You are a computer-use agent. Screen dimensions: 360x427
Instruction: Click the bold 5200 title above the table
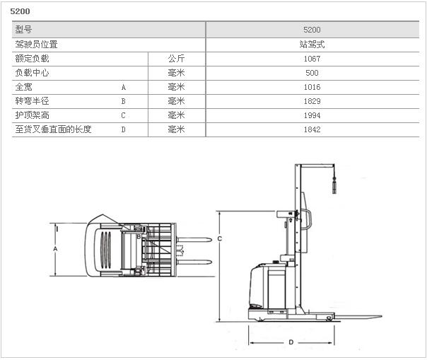coord(20,11)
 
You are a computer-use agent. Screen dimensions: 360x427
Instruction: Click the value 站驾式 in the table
coord(312,45)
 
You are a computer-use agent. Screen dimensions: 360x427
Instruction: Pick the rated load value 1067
coord(312,59)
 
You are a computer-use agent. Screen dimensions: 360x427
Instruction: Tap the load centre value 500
coord(312,73)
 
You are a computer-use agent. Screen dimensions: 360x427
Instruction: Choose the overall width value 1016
coord(312,87)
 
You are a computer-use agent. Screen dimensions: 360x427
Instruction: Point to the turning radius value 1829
coord(312,101)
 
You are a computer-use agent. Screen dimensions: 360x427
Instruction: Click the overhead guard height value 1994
coord(312,115)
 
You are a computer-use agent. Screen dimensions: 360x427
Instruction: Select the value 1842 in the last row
coord(312,129)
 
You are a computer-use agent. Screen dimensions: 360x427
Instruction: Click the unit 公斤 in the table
coord(176,59)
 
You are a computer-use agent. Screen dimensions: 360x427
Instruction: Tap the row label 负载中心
coord(32,73)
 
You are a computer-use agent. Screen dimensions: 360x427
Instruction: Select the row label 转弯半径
coord(32,101)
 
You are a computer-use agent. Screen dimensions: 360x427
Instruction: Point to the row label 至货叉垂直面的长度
coord(53,129)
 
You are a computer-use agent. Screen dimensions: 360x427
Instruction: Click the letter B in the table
coord(123,101)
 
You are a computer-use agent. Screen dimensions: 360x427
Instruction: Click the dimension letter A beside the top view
coord(55,250)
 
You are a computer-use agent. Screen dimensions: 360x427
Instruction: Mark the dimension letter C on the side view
coord(220,239)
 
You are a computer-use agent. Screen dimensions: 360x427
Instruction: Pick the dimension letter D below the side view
coord(291,342)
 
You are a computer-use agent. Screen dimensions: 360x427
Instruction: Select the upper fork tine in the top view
coord(191,238)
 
